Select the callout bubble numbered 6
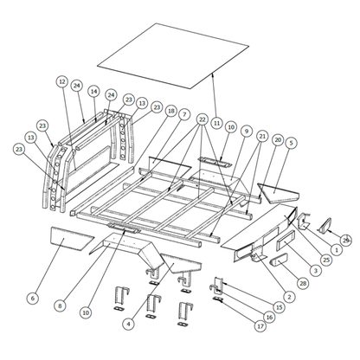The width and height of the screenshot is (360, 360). pos(32,299)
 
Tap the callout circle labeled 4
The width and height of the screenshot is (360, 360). pos(128,324)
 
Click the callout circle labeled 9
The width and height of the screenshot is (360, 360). pos(247,131)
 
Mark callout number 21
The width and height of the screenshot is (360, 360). pos(262,137)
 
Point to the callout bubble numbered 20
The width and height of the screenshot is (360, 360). pos(277,139)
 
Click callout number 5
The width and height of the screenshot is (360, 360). pos(292,143)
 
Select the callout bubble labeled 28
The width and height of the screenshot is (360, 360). pos(302,283)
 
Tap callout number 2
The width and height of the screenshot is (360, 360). pos(288,297)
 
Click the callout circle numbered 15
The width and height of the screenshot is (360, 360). pos(279,306)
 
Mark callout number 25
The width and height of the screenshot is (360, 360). pos(325,259)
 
